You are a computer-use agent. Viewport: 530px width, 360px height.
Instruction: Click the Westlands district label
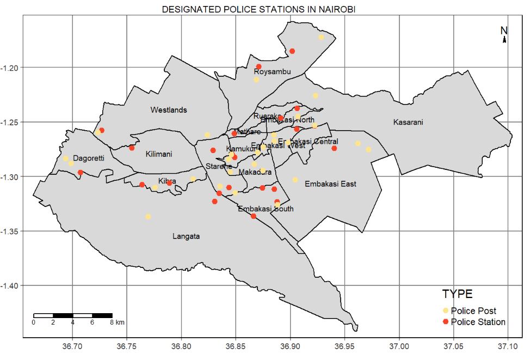pos(169,110)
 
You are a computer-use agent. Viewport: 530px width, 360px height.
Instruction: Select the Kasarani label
pos(408,123)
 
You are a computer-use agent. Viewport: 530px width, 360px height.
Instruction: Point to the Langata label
pos(186,236)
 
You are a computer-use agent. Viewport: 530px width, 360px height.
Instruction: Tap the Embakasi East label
pos(330,184)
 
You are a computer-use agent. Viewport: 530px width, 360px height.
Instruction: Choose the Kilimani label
pos(159,154)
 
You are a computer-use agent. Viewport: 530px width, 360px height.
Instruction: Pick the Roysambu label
pos(272,72)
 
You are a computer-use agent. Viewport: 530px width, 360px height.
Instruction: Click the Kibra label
pos(167,181)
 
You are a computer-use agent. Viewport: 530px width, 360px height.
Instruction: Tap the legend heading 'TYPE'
pos(457,294)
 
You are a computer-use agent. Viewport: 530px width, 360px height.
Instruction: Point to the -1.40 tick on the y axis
pos(11,286)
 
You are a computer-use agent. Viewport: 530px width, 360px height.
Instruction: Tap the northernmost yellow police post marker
pos(321,37)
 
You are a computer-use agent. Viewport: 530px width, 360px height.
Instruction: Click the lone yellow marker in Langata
pos(147,217)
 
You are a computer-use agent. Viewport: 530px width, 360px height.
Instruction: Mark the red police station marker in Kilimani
pos(132,148)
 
